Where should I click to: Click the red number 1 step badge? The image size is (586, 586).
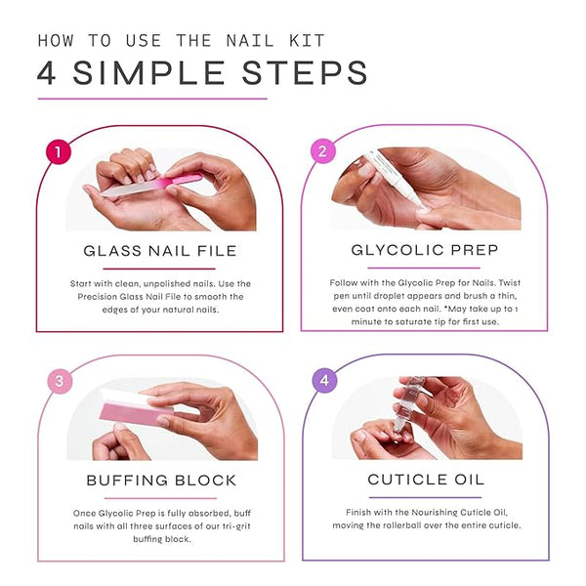pyautogui.click(x=59, y=151)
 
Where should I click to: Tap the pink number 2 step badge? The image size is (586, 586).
pyautogui.click(x=323, y=151)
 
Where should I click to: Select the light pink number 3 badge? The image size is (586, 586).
pyautogui.click(x=60, y=381)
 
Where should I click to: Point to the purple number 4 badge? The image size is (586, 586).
pyautogui.click(x=324, y=380)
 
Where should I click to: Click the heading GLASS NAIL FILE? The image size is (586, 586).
pyautogui.click(x=160, y=251)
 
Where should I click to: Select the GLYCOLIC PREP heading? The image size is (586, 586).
pyautogui.click(x=425, y=250)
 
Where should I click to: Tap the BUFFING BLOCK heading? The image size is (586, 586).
pyautogui.click(x=161, y=481)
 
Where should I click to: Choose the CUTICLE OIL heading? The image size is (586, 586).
pyautogui.click(x=426, y=480)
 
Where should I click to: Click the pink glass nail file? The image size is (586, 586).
pyautogui.click(x=151, y=185)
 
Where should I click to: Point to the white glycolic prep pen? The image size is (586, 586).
pyautogui.click(x=397, y=179)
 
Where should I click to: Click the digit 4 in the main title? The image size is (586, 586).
pyautogui.click(x=47, y=73)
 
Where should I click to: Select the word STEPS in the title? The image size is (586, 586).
pyautogui.click(x=305, y=73)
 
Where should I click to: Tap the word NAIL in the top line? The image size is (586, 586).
pyautogui.click(x=250, y=40)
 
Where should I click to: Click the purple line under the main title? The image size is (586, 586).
pyautogui.click(x=152, y=99)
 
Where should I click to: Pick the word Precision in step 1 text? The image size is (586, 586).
pyautogui.click(x=97, y=297)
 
